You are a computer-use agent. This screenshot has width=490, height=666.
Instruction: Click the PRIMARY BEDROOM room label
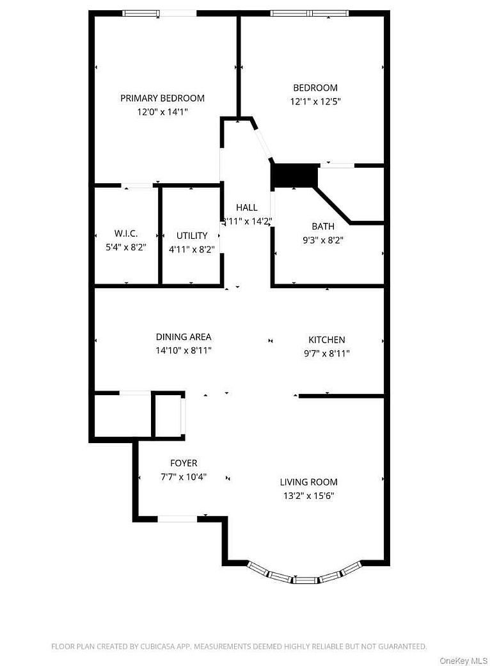coord(162,98)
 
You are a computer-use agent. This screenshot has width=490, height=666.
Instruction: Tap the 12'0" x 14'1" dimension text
coord(162,111)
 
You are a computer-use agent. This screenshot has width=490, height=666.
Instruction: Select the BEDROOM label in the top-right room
coord(315,88)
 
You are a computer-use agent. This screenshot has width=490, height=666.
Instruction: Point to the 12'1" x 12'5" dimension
coord(315,101)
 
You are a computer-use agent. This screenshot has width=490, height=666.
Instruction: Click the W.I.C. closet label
coord(126,234)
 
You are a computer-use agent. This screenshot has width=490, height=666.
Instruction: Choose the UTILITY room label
coord(192,236)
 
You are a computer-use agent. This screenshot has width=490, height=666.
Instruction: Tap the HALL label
coord(246,207)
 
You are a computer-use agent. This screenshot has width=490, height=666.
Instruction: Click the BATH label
coord(323,226)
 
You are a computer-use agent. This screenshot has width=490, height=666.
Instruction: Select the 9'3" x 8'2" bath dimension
coord(323,240)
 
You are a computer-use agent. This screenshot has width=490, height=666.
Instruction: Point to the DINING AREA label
coord(184,337)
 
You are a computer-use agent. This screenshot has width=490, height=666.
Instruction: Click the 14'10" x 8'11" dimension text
coord(184,350)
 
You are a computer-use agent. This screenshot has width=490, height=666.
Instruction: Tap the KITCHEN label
coord(327,340)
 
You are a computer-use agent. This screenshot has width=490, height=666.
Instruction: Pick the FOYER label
coord(184,463)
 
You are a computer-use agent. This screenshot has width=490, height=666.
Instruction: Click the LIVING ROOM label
coord(308,482)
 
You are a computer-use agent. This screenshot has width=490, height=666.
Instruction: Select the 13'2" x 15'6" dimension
coord(308,496)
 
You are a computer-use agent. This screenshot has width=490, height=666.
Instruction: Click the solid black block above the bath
coord(295,175)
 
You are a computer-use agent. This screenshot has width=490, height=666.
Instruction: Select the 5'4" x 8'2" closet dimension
coord(126,247)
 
